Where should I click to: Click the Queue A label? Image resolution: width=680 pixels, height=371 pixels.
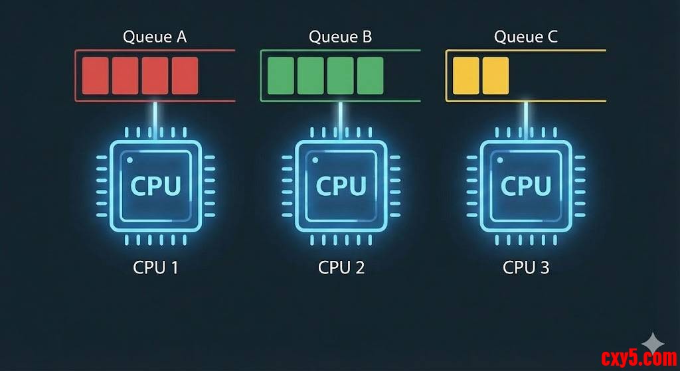tap(155, 37)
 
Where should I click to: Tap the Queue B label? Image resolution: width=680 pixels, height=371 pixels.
tap(340, 37)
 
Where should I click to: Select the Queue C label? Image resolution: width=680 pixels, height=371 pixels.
tap(525, 37)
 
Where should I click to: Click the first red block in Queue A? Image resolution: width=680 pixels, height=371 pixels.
tap(95, 76)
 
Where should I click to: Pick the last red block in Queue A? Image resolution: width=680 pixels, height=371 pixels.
tap(185, 76)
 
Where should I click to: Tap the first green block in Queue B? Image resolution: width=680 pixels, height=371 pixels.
tap(280, 76)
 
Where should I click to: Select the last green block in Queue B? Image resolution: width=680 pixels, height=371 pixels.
tap(370, 76)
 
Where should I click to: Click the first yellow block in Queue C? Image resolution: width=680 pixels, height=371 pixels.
tap(465, 76)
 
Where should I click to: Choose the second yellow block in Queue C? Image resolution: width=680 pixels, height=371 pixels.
tap(495, 76)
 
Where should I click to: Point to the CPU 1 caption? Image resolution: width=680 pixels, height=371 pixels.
tap(155, 267)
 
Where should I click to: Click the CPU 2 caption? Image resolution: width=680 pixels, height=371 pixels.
tap(341, 267)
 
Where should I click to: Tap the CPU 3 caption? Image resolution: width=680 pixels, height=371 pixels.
tap(526, 267)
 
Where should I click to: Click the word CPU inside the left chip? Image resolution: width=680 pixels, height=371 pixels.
tap(155, 186)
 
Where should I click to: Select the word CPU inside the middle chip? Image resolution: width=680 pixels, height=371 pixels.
tap(341, 186)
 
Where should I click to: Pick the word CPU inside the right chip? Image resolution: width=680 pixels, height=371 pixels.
tap(526, 186)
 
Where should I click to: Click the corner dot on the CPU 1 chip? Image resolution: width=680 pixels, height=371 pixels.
tap(129, 161)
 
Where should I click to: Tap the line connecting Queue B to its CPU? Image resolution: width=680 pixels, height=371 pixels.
tap(341, 121)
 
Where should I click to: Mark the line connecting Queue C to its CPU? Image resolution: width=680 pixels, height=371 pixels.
tap(526, 121)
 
